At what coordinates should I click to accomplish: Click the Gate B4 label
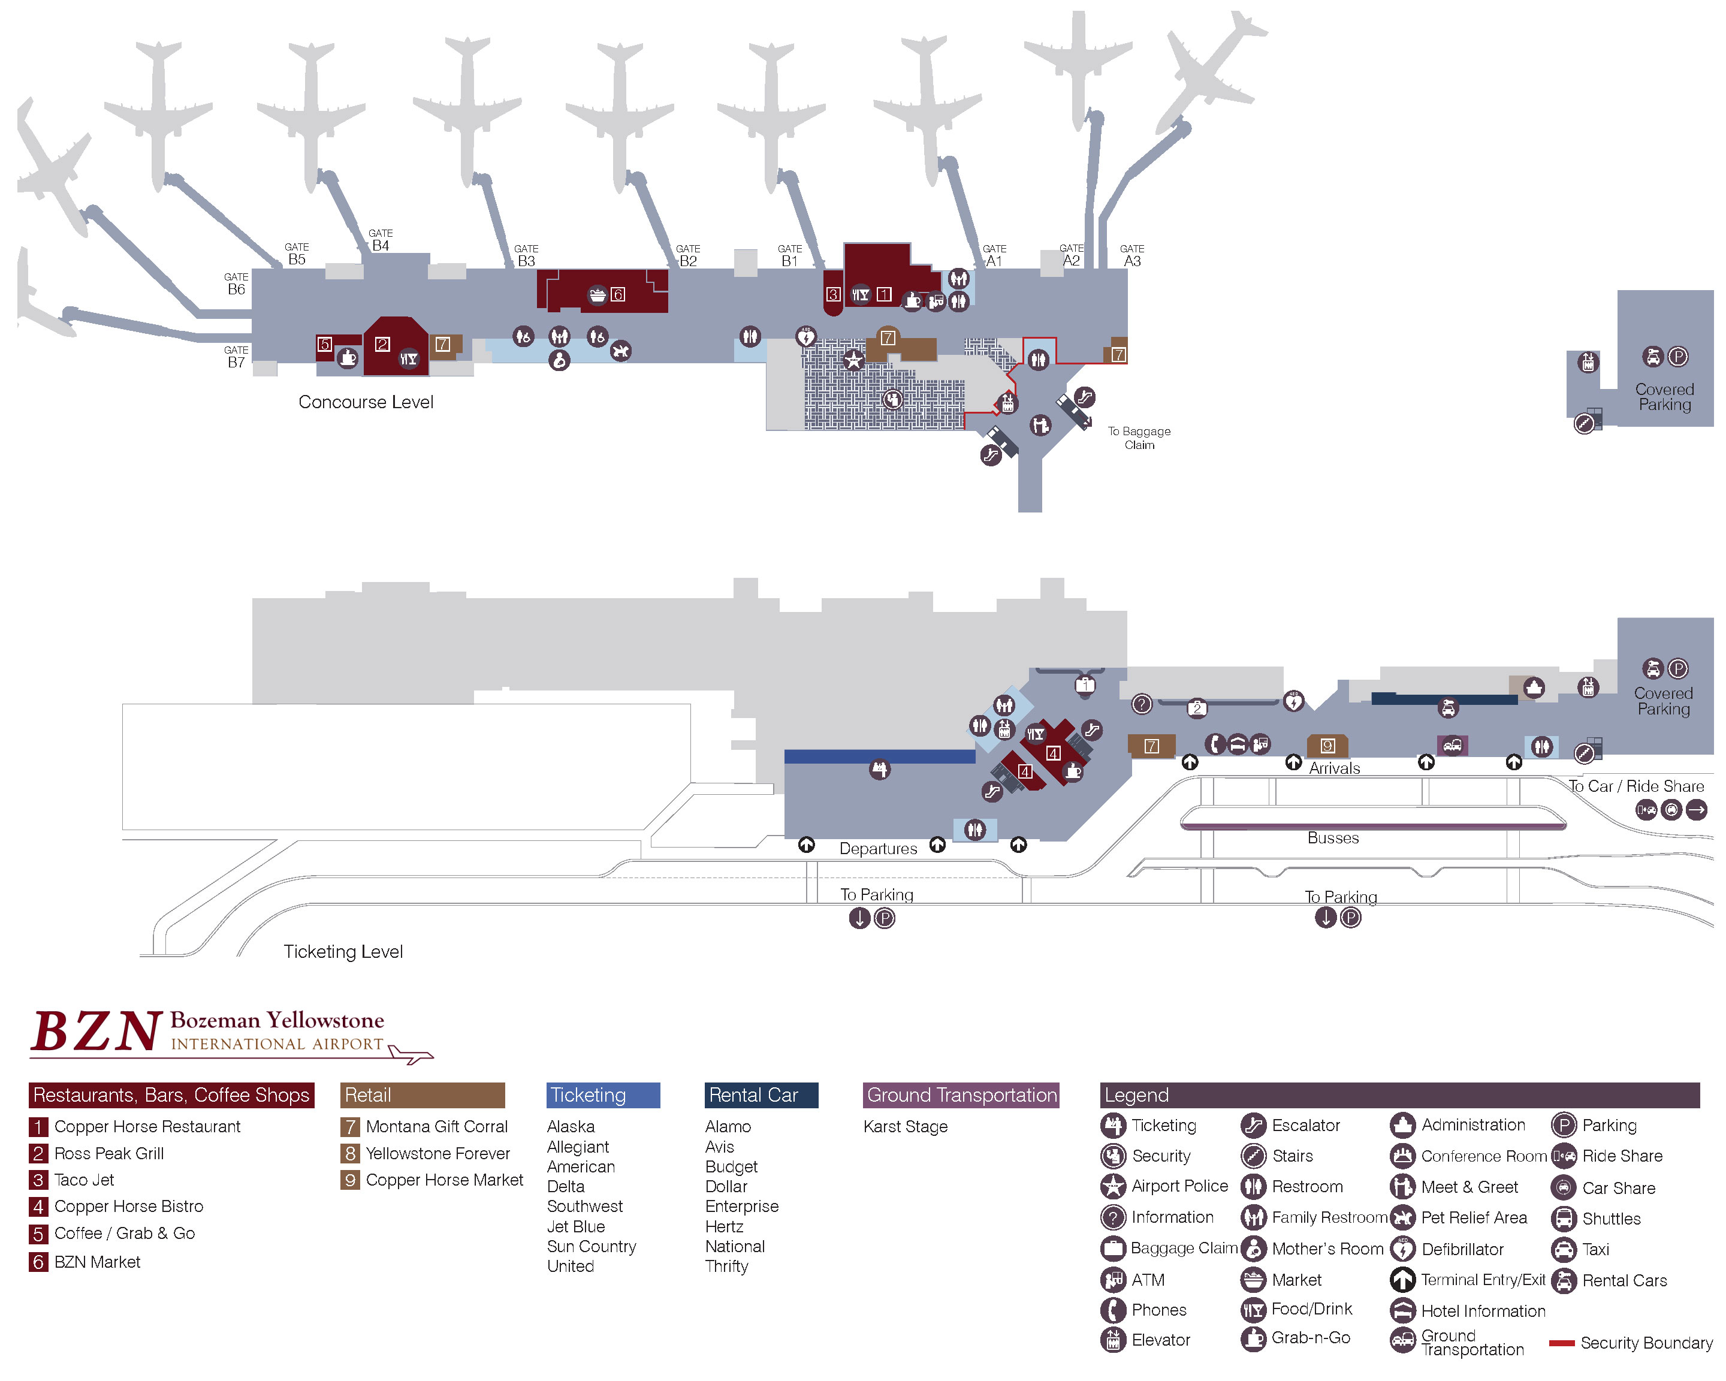click(381, 241)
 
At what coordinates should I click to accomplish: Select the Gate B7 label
click(236, 357)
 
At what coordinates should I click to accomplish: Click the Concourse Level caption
click(366, 402)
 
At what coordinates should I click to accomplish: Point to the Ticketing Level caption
click(343, 951)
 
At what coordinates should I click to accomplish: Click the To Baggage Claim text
click(1139, 438)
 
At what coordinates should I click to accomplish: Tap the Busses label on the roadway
click(1333, 838)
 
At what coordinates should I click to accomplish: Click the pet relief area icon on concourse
click(620, 351)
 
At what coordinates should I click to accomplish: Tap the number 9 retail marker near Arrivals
click(1327, 745)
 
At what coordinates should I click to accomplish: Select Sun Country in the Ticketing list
click(591, 1247)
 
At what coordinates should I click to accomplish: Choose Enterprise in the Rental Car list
click(741, 1207)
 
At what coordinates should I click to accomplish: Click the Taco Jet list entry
click(84, 1179)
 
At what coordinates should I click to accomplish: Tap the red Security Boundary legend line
click(1561, 1343)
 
